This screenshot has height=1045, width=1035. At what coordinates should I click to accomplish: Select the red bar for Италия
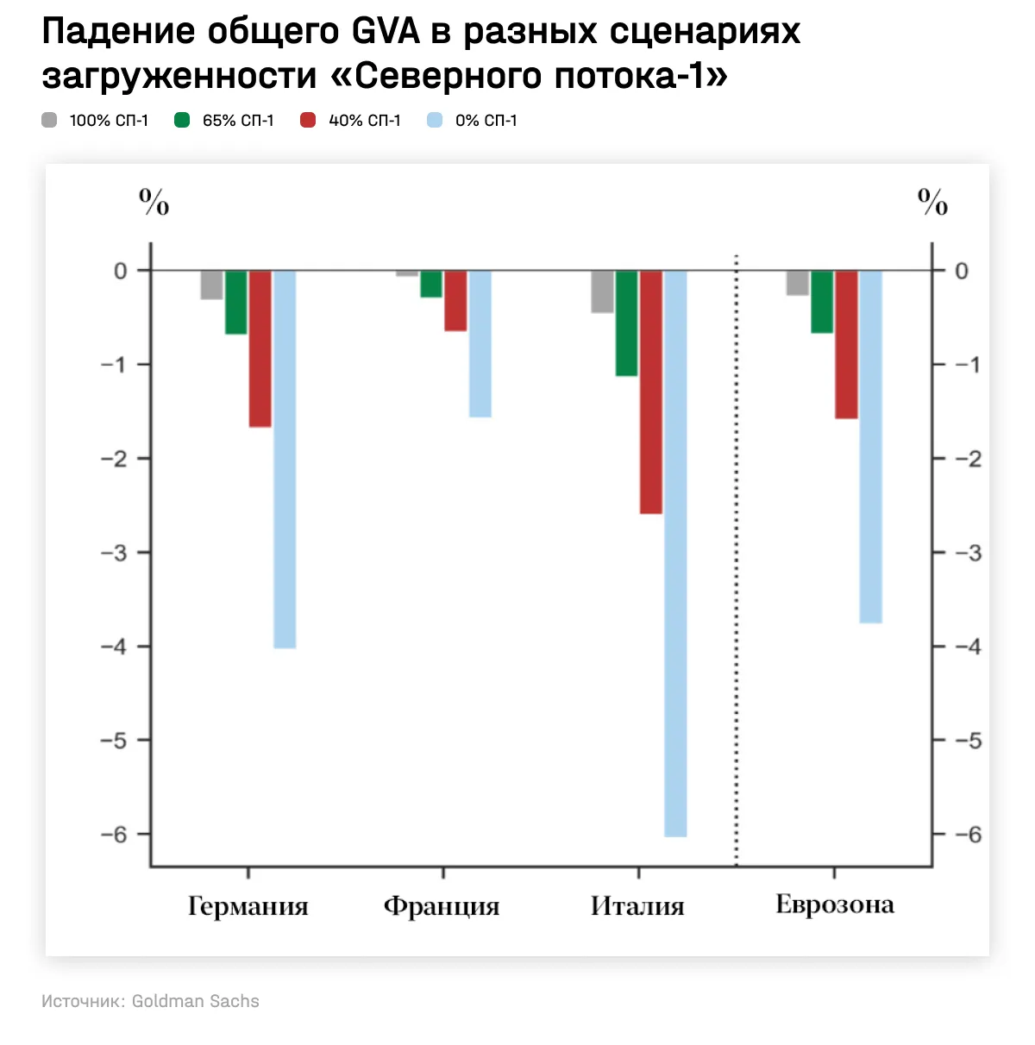tap(651, 391)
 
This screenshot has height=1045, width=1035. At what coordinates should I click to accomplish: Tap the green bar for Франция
tap(431, 284)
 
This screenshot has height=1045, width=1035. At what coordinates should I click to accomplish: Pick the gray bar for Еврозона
tap(798, 283)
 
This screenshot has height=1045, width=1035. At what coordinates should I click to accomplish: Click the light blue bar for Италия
tap(675, 553)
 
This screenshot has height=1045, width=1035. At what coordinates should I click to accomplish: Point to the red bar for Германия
tap(260, 348)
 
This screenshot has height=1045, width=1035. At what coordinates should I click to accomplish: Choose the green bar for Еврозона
tap(822, 301)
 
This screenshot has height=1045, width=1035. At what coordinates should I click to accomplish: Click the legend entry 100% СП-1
tap(95, 121)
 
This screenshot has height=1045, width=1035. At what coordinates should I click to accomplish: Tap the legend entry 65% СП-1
tap(224, 121)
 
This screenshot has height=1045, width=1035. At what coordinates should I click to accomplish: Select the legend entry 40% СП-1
tap(350, 121)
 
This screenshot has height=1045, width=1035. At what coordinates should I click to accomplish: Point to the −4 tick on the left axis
tap(115, 646)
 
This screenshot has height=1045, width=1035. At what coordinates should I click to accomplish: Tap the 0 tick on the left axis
tap(121, 271)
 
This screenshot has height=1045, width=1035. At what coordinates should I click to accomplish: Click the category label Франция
tap(442, 906)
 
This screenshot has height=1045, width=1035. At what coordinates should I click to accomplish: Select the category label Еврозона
tap(834, 904)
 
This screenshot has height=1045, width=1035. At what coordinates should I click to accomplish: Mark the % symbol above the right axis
tap(932, 203)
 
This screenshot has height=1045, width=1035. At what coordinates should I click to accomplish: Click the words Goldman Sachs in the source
tap(195, 1001)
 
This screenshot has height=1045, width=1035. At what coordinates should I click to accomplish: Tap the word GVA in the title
tap(386, 31)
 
